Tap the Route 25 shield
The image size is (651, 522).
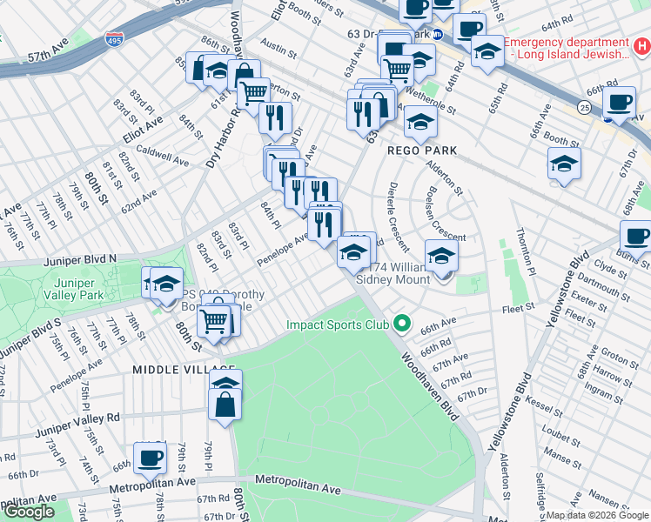pyautogui.click(x=582, y=105)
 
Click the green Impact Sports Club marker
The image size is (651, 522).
pyautogui.click(x=401, y=325)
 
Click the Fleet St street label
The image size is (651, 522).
pyautogui.click(x=517, y=309)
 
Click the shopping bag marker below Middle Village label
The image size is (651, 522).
pyautogui.click(x=225, y=405)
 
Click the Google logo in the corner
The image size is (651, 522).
pyautogui.click(x=28, y=512)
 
